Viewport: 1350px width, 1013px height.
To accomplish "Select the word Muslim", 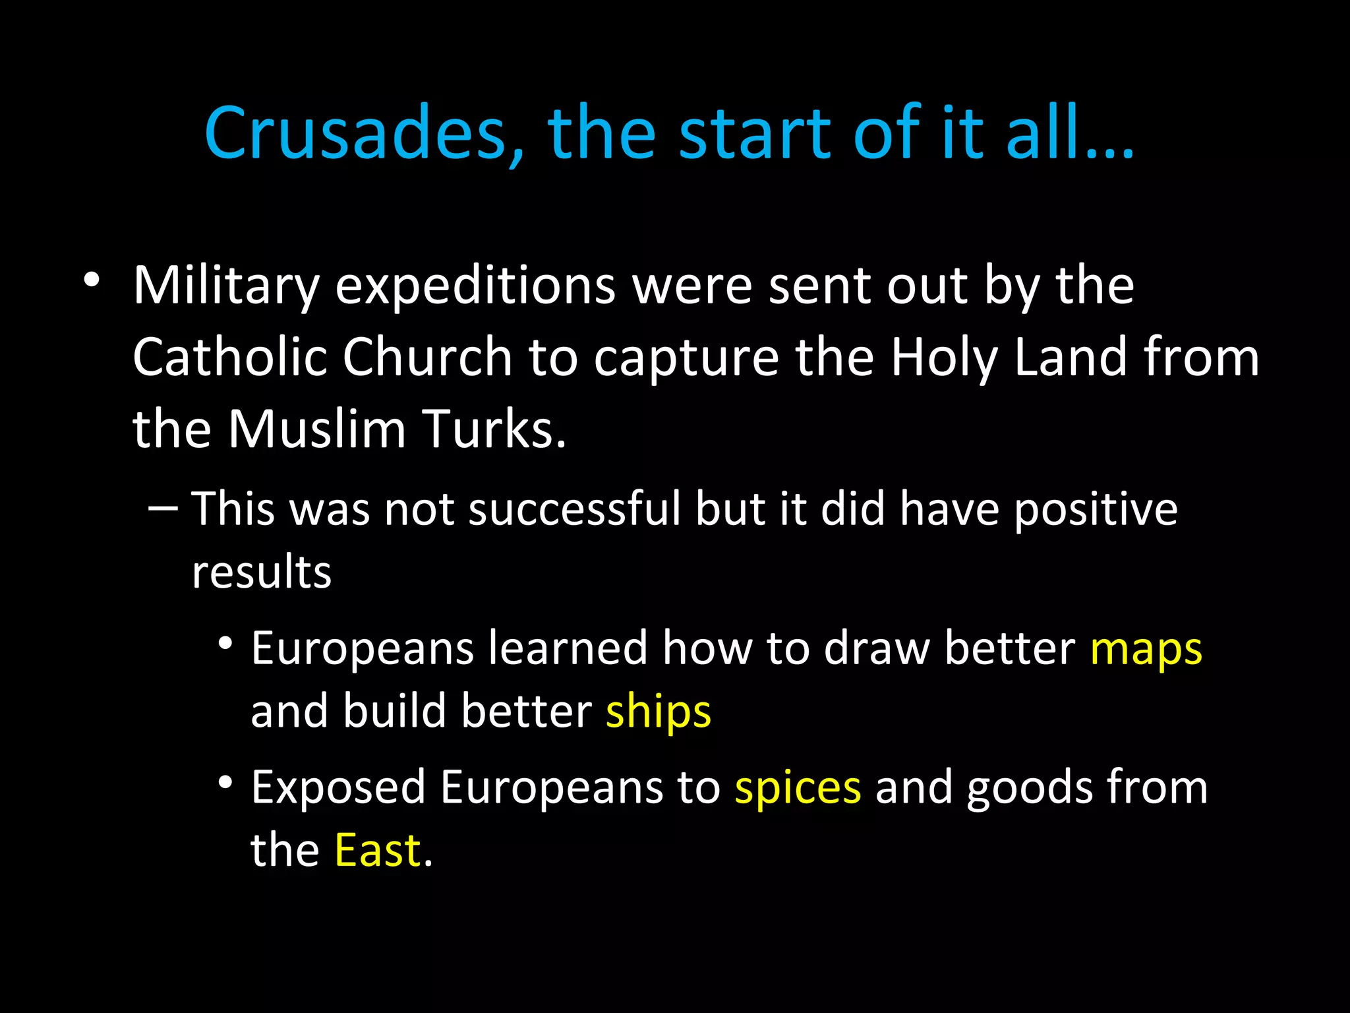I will coord(316,429).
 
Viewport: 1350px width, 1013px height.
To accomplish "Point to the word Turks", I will coord(494,429).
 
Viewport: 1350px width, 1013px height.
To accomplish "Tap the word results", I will coord(262,571).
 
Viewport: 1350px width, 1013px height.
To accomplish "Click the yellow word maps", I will coord(1146,650).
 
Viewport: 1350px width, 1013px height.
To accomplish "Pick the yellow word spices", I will coord(798,789).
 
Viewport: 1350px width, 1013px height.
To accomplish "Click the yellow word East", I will coord(378,850).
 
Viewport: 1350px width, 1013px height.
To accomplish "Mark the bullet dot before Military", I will coord(92,280).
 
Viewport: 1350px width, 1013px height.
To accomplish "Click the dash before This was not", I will coord(163,508).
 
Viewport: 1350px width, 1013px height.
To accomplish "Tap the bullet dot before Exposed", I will coord(226,782).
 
